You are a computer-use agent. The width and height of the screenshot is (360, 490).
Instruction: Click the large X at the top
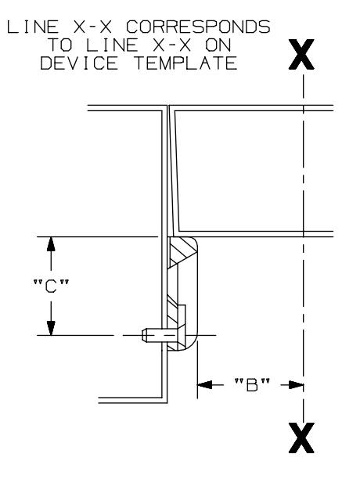pos(302,54)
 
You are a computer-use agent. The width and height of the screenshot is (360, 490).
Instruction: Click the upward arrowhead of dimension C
pos(51,243)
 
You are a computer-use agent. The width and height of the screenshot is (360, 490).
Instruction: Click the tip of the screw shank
pos(142,335)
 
